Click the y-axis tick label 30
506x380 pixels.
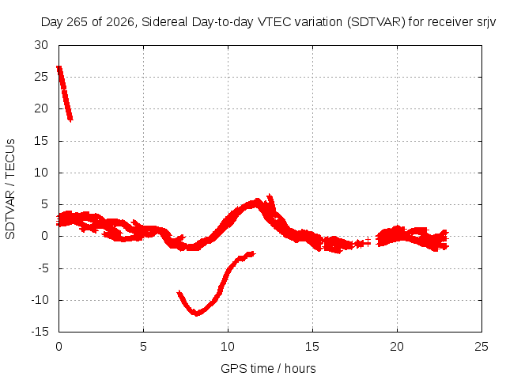41,45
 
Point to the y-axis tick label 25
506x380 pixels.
41,77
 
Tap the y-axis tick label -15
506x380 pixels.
40,332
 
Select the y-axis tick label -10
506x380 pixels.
40,300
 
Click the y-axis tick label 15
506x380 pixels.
41,141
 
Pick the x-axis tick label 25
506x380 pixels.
481,347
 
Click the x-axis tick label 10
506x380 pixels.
228,347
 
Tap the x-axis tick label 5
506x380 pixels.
143,347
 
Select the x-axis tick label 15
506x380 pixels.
312,347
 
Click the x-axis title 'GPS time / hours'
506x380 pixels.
268,368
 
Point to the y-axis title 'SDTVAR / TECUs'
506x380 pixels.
10,189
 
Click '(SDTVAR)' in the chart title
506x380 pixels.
376,22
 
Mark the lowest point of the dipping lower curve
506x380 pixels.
196,313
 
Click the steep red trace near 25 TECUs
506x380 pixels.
65,93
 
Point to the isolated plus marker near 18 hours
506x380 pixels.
367,241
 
